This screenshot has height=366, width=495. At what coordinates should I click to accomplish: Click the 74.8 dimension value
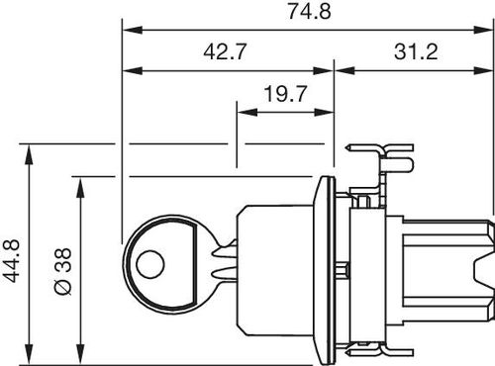309,12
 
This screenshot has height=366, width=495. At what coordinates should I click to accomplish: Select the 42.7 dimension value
225,51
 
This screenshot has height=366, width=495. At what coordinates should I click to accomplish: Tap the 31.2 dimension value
416,51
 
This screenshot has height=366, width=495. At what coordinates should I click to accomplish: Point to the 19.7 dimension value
286,94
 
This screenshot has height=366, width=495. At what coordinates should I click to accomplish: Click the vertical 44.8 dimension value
11,261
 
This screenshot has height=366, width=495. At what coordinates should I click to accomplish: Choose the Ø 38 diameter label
62,271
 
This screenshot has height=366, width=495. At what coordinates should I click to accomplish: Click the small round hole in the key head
150,264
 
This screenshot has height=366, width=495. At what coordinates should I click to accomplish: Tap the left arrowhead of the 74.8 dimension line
133,30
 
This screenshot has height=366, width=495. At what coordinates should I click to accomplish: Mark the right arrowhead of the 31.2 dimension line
483,70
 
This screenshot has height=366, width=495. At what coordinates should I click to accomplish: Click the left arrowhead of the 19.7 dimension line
247,113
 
